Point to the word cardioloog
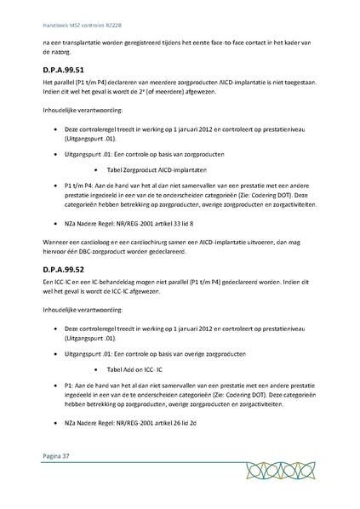click(98, 243)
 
